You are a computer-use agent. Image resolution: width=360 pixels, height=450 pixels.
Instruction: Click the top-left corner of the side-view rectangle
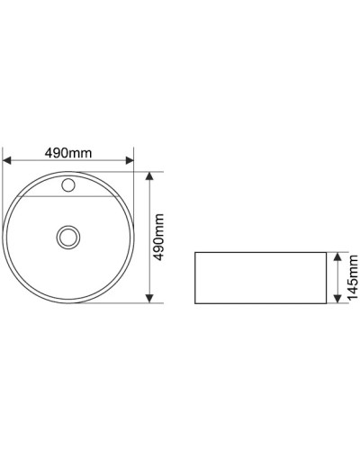point(195,253)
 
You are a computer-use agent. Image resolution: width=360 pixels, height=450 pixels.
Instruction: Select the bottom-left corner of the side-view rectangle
point(195,302)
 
